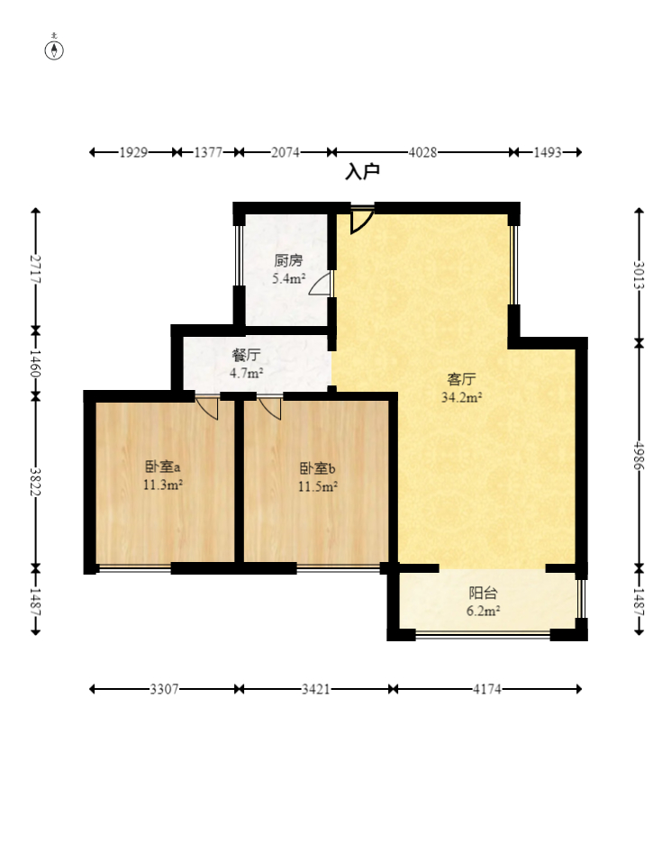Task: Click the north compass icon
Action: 54,48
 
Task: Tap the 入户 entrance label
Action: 362,172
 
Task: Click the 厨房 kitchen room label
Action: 288,261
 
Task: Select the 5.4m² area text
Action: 288,278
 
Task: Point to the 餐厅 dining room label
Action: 246,355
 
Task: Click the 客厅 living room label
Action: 461,379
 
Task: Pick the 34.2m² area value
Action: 461,397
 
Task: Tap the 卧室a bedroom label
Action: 162,467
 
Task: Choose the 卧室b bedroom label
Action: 317,468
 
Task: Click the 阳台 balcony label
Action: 483,593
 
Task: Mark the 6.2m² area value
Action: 483,611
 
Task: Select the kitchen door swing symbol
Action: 321,284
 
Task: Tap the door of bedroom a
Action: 207,408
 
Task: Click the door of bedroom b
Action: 270,408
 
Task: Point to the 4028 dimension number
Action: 422,153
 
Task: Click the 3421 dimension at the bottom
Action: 315,689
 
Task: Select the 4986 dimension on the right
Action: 639,456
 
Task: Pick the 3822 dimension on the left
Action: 35,482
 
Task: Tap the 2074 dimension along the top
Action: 285,153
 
